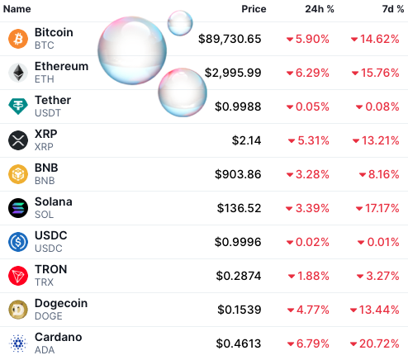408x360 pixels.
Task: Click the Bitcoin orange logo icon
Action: pos(18,39)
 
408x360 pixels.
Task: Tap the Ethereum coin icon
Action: pos(18,73)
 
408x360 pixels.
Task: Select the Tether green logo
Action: pos(18,107)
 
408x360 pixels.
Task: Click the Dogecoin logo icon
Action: pos(18,310)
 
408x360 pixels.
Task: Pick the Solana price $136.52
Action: pos(238,208)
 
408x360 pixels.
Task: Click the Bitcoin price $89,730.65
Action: pos(230,39)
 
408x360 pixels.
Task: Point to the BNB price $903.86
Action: pos(238,174)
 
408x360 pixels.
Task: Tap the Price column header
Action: pos(254,9)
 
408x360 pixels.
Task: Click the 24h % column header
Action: pos(319,9)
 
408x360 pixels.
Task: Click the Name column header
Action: pos(17,9)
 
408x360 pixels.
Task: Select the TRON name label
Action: pos(50,269)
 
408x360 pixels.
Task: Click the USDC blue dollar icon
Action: pos(18,242)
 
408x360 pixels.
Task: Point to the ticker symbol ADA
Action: pos(45,350)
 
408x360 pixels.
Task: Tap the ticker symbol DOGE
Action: pos(49,316)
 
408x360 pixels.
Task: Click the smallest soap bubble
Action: pos(180,23)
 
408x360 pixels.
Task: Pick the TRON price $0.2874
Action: pos(239,276)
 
